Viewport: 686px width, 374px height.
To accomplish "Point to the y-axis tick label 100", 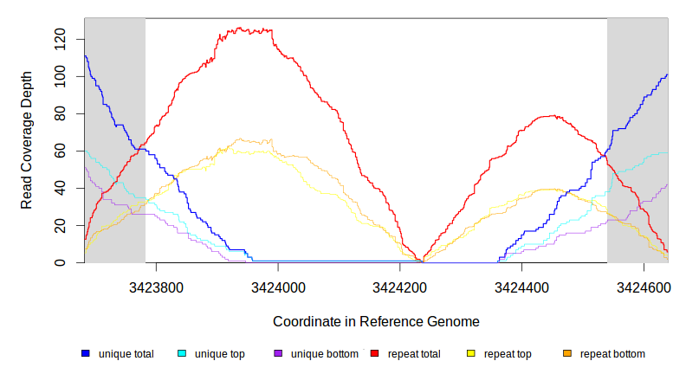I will click(59, 76).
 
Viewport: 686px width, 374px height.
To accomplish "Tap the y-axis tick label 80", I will click(59, 113).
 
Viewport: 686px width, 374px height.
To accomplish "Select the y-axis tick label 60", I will click(59, 151).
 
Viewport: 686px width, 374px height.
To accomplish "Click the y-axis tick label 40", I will click(59, 188).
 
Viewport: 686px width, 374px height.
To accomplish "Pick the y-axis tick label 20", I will click(59, 225).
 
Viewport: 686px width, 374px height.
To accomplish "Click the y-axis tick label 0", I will click(59, 262).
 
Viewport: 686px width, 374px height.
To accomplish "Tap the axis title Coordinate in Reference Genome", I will click(376, 322).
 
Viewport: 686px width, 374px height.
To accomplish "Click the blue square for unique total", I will click(86, 353).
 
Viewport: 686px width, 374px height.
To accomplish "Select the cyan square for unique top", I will click(182, 353).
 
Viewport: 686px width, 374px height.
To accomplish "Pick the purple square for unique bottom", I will click(278, 353).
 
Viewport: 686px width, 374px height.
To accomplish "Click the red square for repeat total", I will click(374, 353).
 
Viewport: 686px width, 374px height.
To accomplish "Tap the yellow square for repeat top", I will click(470, 353).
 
